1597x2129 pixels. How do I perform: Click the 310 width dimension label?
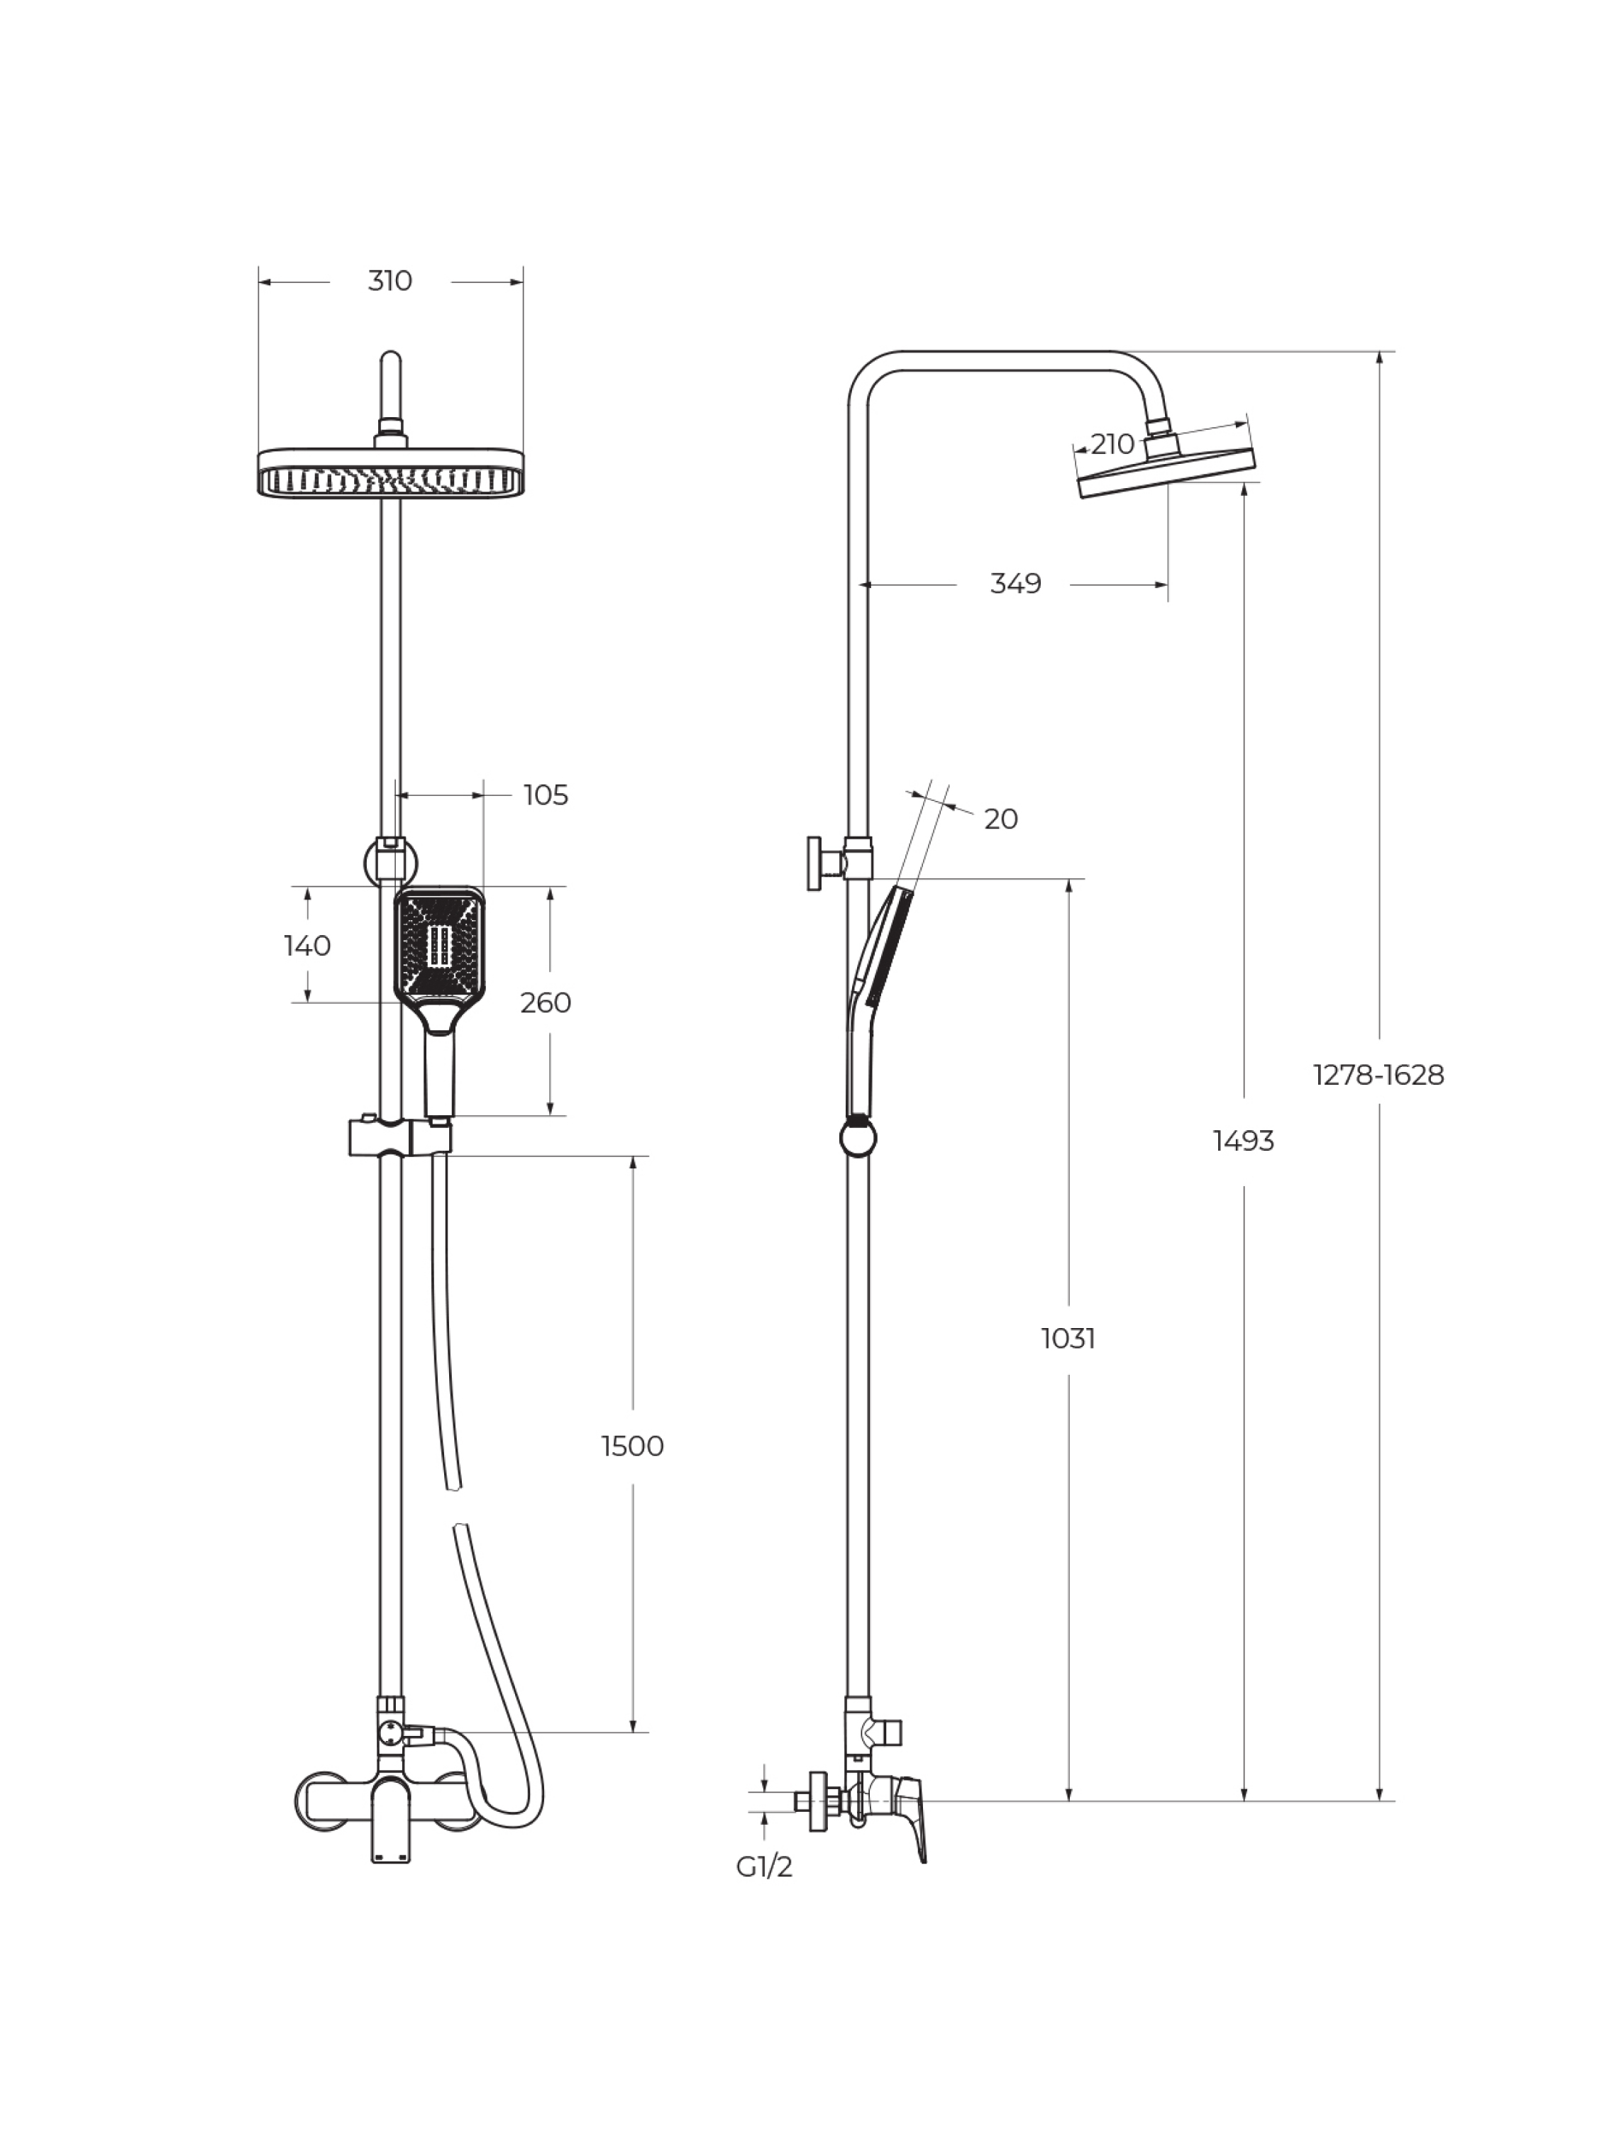coord(390,281)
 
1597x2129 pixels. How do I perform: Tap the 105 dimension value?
coord(546,795)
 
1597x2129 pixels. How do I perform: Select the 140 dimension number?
coord(307,946)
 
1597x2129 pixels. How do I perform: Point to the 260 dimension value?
coord(546,1003)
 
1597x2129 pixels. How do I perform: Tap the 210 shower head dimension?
coord(1113,445)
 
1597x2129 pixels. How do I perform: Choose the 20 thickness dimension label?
coord(1001,819)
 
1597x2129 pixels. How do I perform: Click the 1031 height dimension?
coord(1068,1338)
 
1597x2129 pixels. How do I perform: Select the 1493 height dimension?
coord(1244,1141)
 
